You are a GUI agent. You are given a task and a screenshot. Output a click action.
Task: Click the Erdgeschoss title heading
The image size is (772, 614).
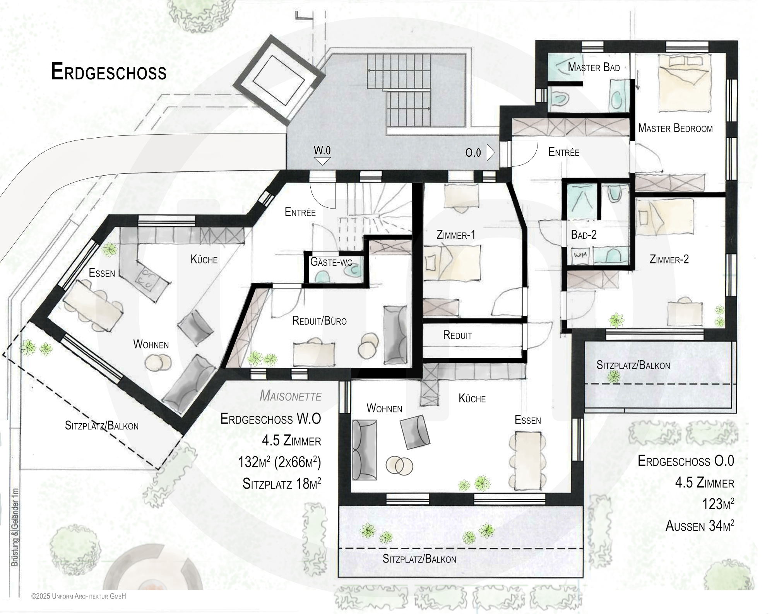[109, 72]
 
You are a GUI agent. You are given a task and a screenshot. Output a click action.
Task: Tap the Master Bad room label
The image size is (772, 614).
[594, 67]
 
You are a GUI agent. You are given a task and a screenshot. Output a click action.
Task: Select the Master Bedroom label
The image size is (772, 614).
[675, 128]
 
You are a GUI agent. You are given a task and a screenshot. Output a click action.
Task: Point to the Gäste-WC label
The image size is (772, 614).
[331, 262]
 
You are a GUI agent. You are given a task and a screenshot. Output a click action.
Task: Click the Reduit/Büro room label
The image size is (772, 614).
[319, 320]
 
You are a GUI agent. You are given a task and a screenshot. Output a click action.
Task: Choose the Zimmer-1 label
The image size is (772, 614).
[455, 235]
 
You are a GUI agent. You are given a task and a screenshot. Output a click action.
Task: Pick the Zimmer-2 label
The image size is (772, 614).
[669, 259]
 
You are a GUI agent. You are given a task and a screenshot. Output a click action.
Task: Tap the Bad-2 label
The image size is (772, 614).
[584, 235]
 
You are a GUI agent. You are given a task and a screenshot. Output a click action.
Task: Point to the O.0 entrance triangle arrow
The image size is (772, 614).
[491, 152]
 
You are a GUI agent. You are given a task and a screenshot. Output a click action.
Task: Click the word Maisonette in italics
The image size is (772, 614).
[290, 396]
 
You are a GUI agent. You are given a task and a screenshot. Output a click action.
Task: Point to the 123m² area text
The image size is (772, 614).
[718, 504]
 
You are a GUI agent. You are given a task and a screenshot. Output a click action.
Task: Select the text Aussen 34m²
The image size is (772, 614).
[700, 525]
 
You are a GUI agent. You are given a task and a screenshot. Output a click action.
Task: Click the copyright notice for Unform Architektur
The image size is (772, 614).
[79, 596]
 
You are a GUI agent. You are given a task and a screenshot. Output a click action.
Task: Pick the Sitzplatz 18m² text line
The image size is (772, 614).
[282, 484]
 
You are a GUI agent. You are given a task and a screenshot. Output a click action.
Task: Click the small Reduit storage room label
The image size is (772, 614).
[457, 335]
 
